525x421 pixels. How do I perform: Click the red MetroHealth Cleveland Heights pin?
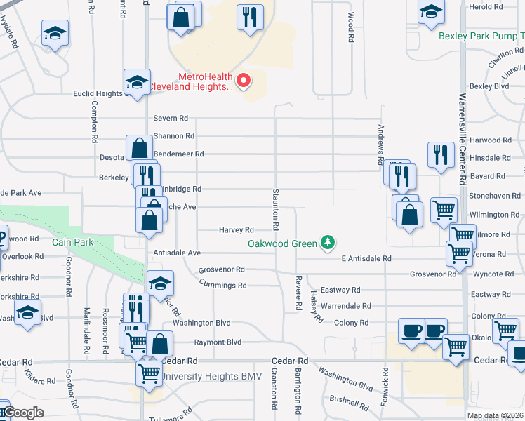pos(244,81)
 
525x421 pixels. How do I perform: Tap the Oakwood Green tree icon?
pos(327,243)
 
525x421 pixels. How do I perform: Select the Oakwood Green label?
pos(282,244)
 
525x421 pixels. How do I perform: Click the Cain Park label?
pos(73,242)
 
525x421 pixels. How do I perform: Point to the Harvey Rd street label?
pos(236,229)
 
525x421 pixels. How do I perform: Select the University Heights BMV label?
pos(211,377)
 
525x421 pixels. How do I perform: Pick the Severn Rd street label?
pos(171,118)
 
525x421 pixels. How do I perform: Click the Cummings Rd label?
pos(222,286)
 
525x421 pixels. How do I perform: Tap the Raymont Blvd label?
pos(218,342)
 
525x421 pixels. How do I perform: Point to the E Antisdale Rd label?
pos(366,259)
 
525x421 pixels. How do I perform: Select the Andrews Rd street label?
pos(381,145)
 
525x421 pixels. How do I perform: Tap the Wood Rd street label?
pos(350,27)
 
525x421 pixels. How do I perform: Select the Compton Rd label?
pos(94,122)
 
